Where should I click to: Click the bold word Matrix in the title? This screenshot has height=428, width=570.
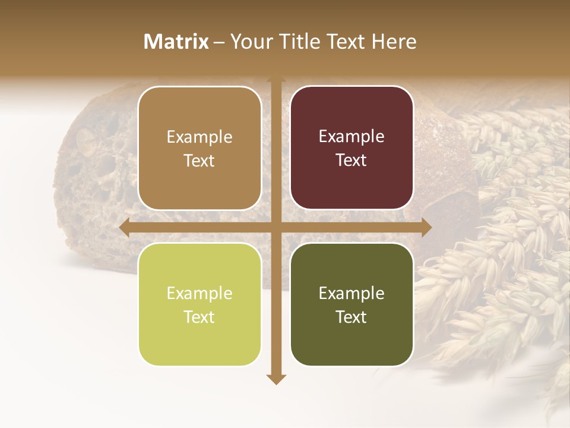tap(176, 42)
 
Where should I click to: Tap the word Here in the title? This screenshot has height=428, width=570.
tap(394, 42)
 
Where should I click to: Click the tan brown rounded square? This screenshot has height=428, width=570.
tap(199, 148)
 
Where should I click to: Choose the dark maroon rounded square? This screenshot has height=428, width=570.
tap(351, 148)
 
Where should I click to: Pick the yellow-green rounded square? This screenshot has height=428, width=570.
tap(199, 304)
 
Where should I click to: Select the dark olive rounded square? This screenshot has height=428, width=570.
tap(351, 304)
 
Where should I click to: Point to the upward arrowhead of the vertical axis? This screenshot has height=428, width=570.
tap(276, 80)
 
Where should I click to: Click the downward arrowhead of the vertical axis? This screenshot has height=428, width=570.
tap(276, 379)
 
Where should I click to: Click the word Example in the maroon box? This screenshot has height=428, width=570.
tap(351, 137)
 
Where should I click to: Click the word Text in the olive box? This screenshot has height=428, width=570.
tap(351, 317)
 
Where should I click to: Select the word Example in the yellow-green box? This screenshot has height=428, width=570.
tap(199, 293)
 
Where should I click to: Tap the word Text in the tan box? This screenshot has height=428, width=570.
tap(199, 160)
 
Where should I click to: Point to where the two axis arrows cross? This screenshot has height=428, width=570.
tap(276, 227)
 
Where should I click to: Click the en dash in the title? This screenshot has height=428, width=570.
tap(219, 42)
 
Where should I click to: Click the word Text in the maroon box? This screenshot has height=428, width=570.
tap(351, 160)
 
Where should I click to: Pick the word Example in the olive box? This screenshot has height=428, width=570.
tap(351, 293)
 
